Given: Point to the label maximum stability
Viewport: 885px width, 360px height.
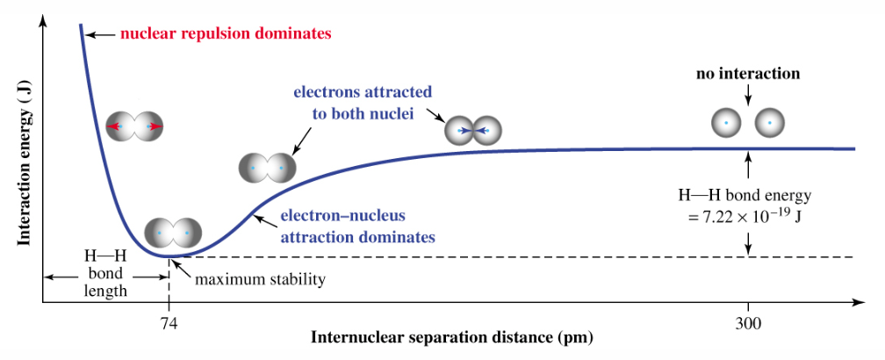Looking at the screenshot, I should (260, 280).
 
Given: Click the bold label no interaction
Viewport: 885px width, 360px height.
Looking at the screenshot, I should (748, 74).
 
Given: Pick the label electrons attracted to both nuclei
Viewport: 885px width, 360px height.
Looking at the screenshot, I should (363, 102).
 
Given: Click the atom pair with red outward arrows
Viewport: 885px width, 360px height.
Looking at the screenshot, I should (134, 127).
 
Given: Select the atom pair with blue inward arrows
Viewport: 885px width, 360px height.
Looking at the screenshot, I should (472, 132).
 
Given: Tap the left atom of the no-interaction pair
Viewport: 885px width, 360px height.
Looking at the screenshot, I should (726, 123).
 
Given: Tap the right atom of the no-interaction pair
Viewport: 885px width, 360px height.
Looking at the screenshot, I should (769, 123).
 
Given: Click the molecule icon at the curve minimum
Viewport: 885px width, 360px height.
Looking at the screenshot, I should (173, 233).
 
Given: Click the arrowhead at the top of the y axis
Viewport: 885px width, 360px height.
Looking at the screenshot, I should (42, 21).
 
